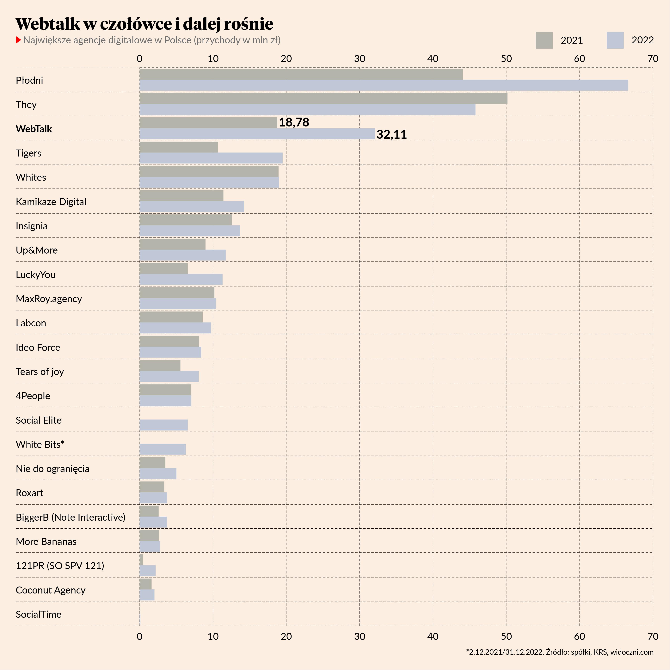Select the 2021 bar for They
(x=323, y=98)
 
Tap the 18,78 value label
(x=294, y=122)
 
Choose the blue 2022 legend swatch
(x=615, y=40)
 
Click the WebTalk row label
(x=34, y=129)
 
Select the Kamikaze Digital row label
(x=51, y=202)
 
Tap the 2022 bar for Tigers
(x=211, y=158)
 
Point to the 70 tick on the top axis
(x=653, y=59)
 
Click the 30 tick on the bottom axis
(x=360, y=636)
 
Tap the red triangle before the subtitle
(x=19, y=40)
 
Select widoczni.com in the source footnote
(x=632, y=652)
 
